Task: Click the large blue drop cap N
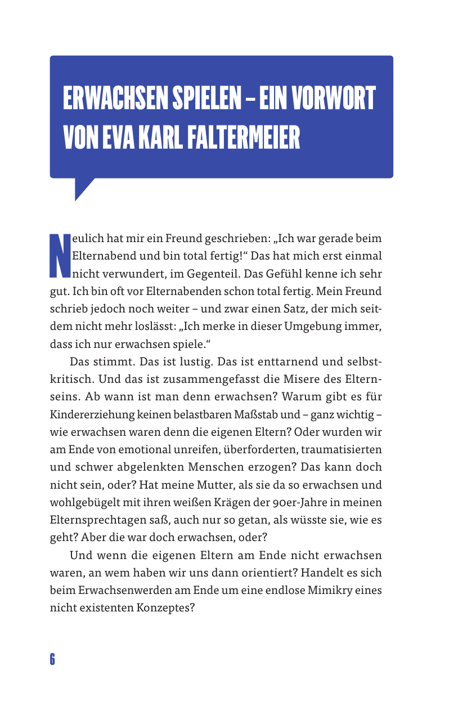click(x=59, y=256)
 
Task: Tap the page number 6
click(x=52, y=659)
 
